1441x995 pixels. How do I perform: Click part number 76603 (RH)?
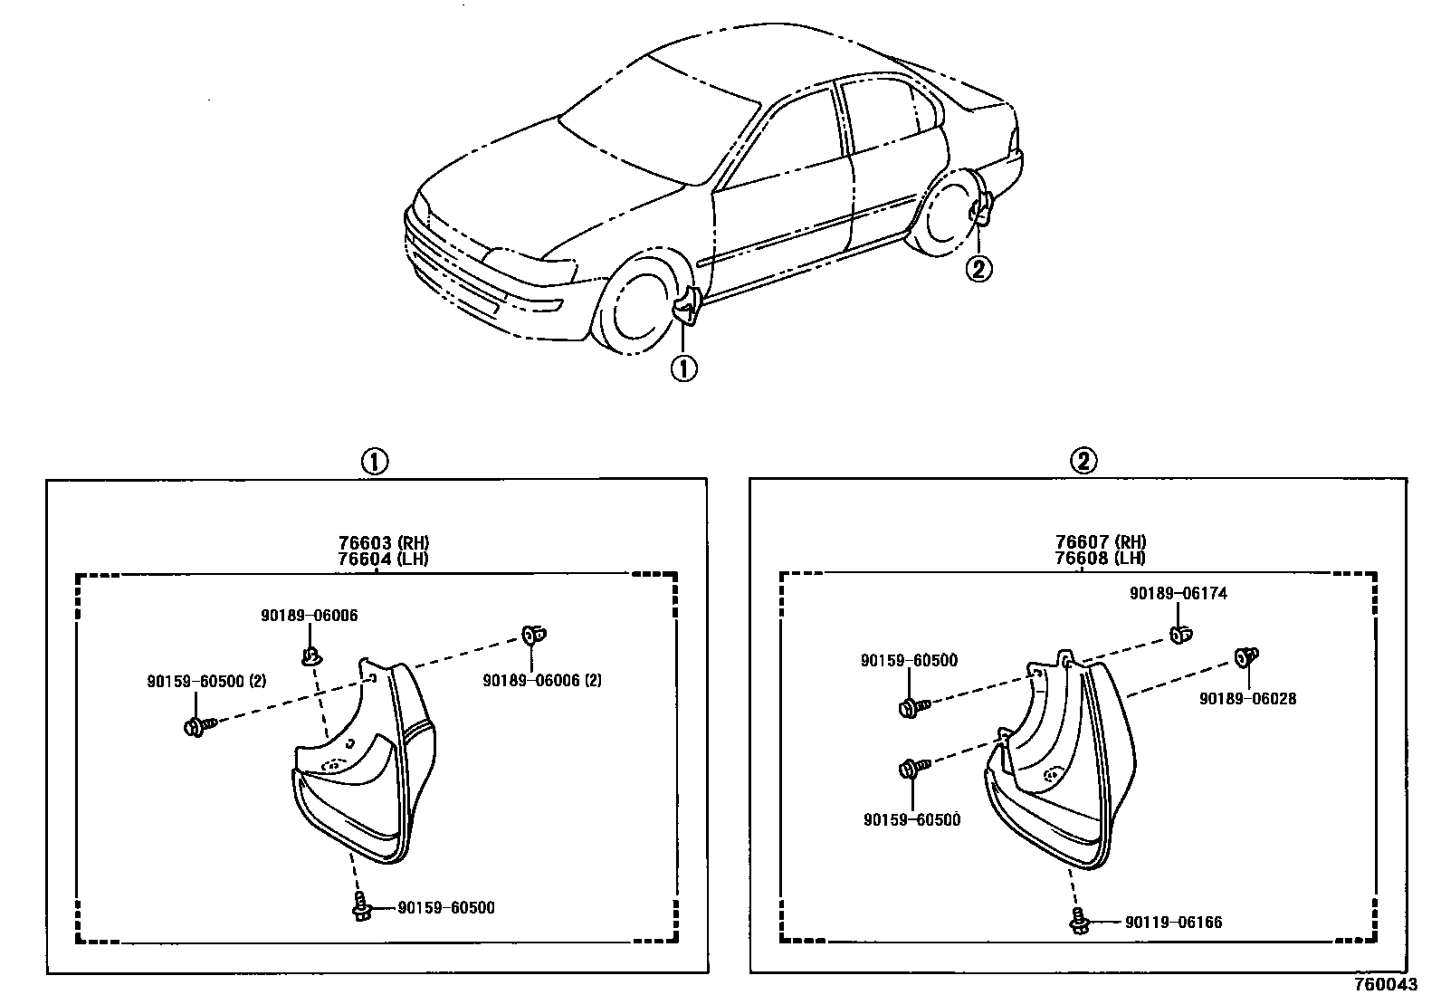coord(377,543)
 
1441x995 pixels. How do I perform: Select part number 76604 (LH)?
coord(377,559)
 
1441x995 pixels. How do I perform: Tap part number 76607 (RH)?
coord(1099,543)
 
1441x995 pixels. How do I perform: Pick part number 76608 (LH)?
coord(1099,559)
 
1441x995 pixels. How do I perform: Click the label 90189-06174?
coord(1178,594)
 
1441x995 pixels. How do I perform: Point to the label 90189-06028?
coord(1247,699)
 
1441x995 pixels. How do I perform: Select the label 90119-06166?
coord(1173,923)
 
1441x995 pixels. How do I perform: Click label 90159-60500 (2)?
coord(206,681)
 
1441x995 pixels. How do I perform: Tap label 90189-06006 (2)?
coord(542,680)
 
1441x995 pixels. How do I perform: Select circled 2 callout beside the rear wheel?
coord(979,268)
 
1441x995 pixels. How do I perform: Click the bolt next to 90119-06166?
coord(1078,920)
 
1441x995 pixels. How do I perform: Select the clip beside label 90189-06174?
coord(1180,634)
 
